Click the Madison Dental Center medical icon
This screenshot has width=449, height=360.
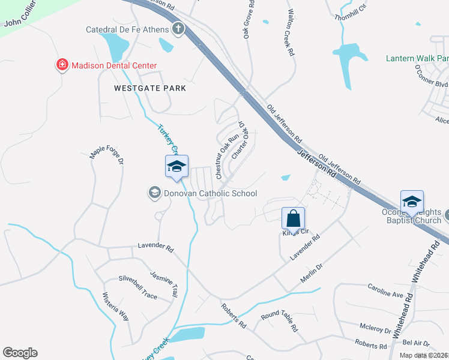point(61,65)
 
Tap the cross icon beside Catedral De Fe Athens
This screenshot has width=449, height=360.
point(178,29)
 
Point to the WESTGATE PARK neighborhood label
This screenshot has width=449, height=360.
point(149,88)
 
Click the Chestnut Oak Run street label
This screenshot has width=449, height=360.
point(220,157)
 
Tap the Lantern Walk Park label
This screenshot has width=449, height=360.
point(417,58)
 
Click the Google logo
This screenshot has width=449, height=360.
point(20,353)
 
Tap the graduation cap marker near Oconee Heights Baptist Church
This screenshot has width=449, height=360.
point(412,202)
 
